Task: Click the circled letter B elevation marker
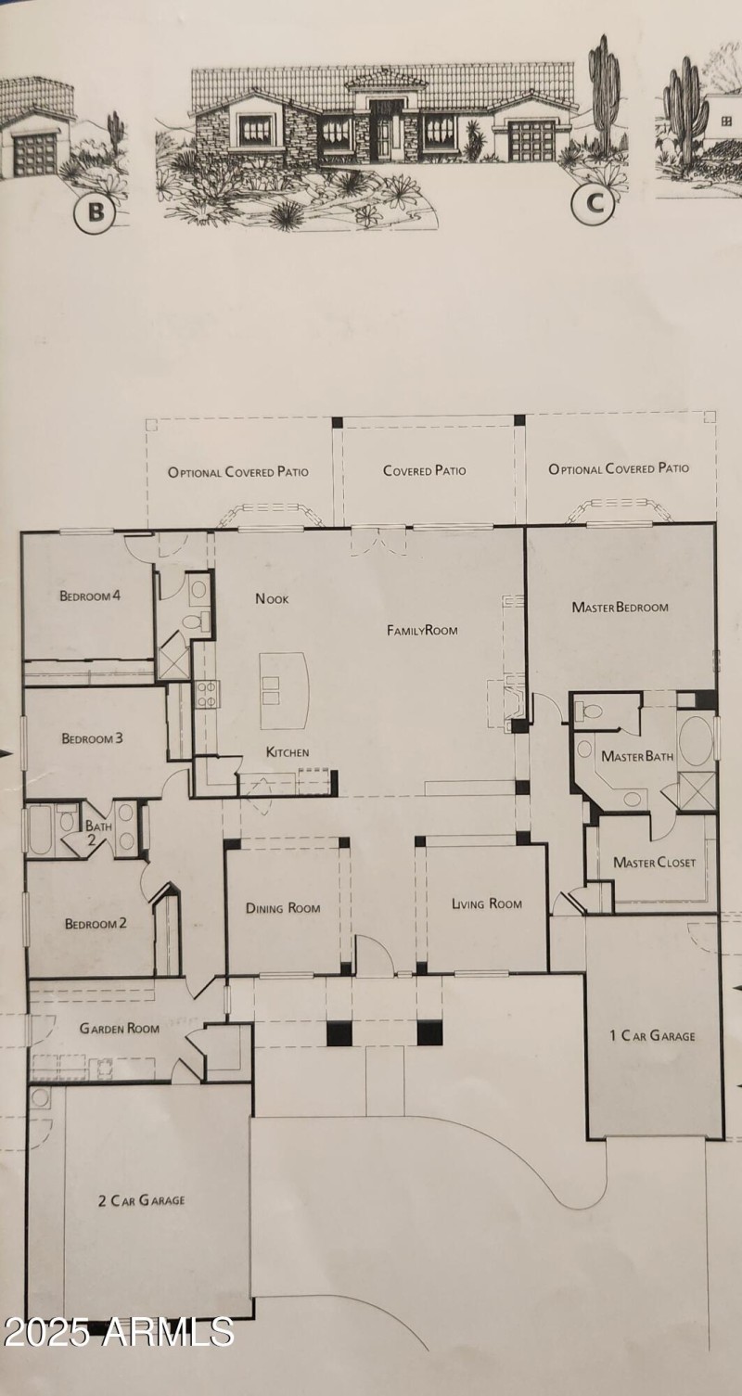[x=95, y=213]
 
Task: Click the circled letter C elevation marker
[x=594, y=205]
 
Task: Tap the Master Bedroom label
[x=620, y=608]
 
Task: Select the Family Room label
[x=422, y=631]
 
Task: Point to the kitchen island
[x=284, y=690]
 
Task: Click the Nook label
[x=272, y=599]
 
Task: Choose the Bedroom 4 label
[x=90, y=596]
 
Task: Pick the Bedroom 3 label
[x=93, y=738]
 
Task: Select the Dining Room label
[x=283, y=908]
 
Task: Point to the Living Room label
[x=486, y=903]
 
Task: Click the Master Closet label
[x=654, y=863]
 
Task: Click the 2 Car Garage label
[x=141, y=1200]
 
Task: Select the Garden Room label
[x=119, y=1028]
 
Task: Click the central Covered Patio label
[x=425, y=470]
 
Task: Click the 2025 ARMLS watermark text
[x=118, y=1331]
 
